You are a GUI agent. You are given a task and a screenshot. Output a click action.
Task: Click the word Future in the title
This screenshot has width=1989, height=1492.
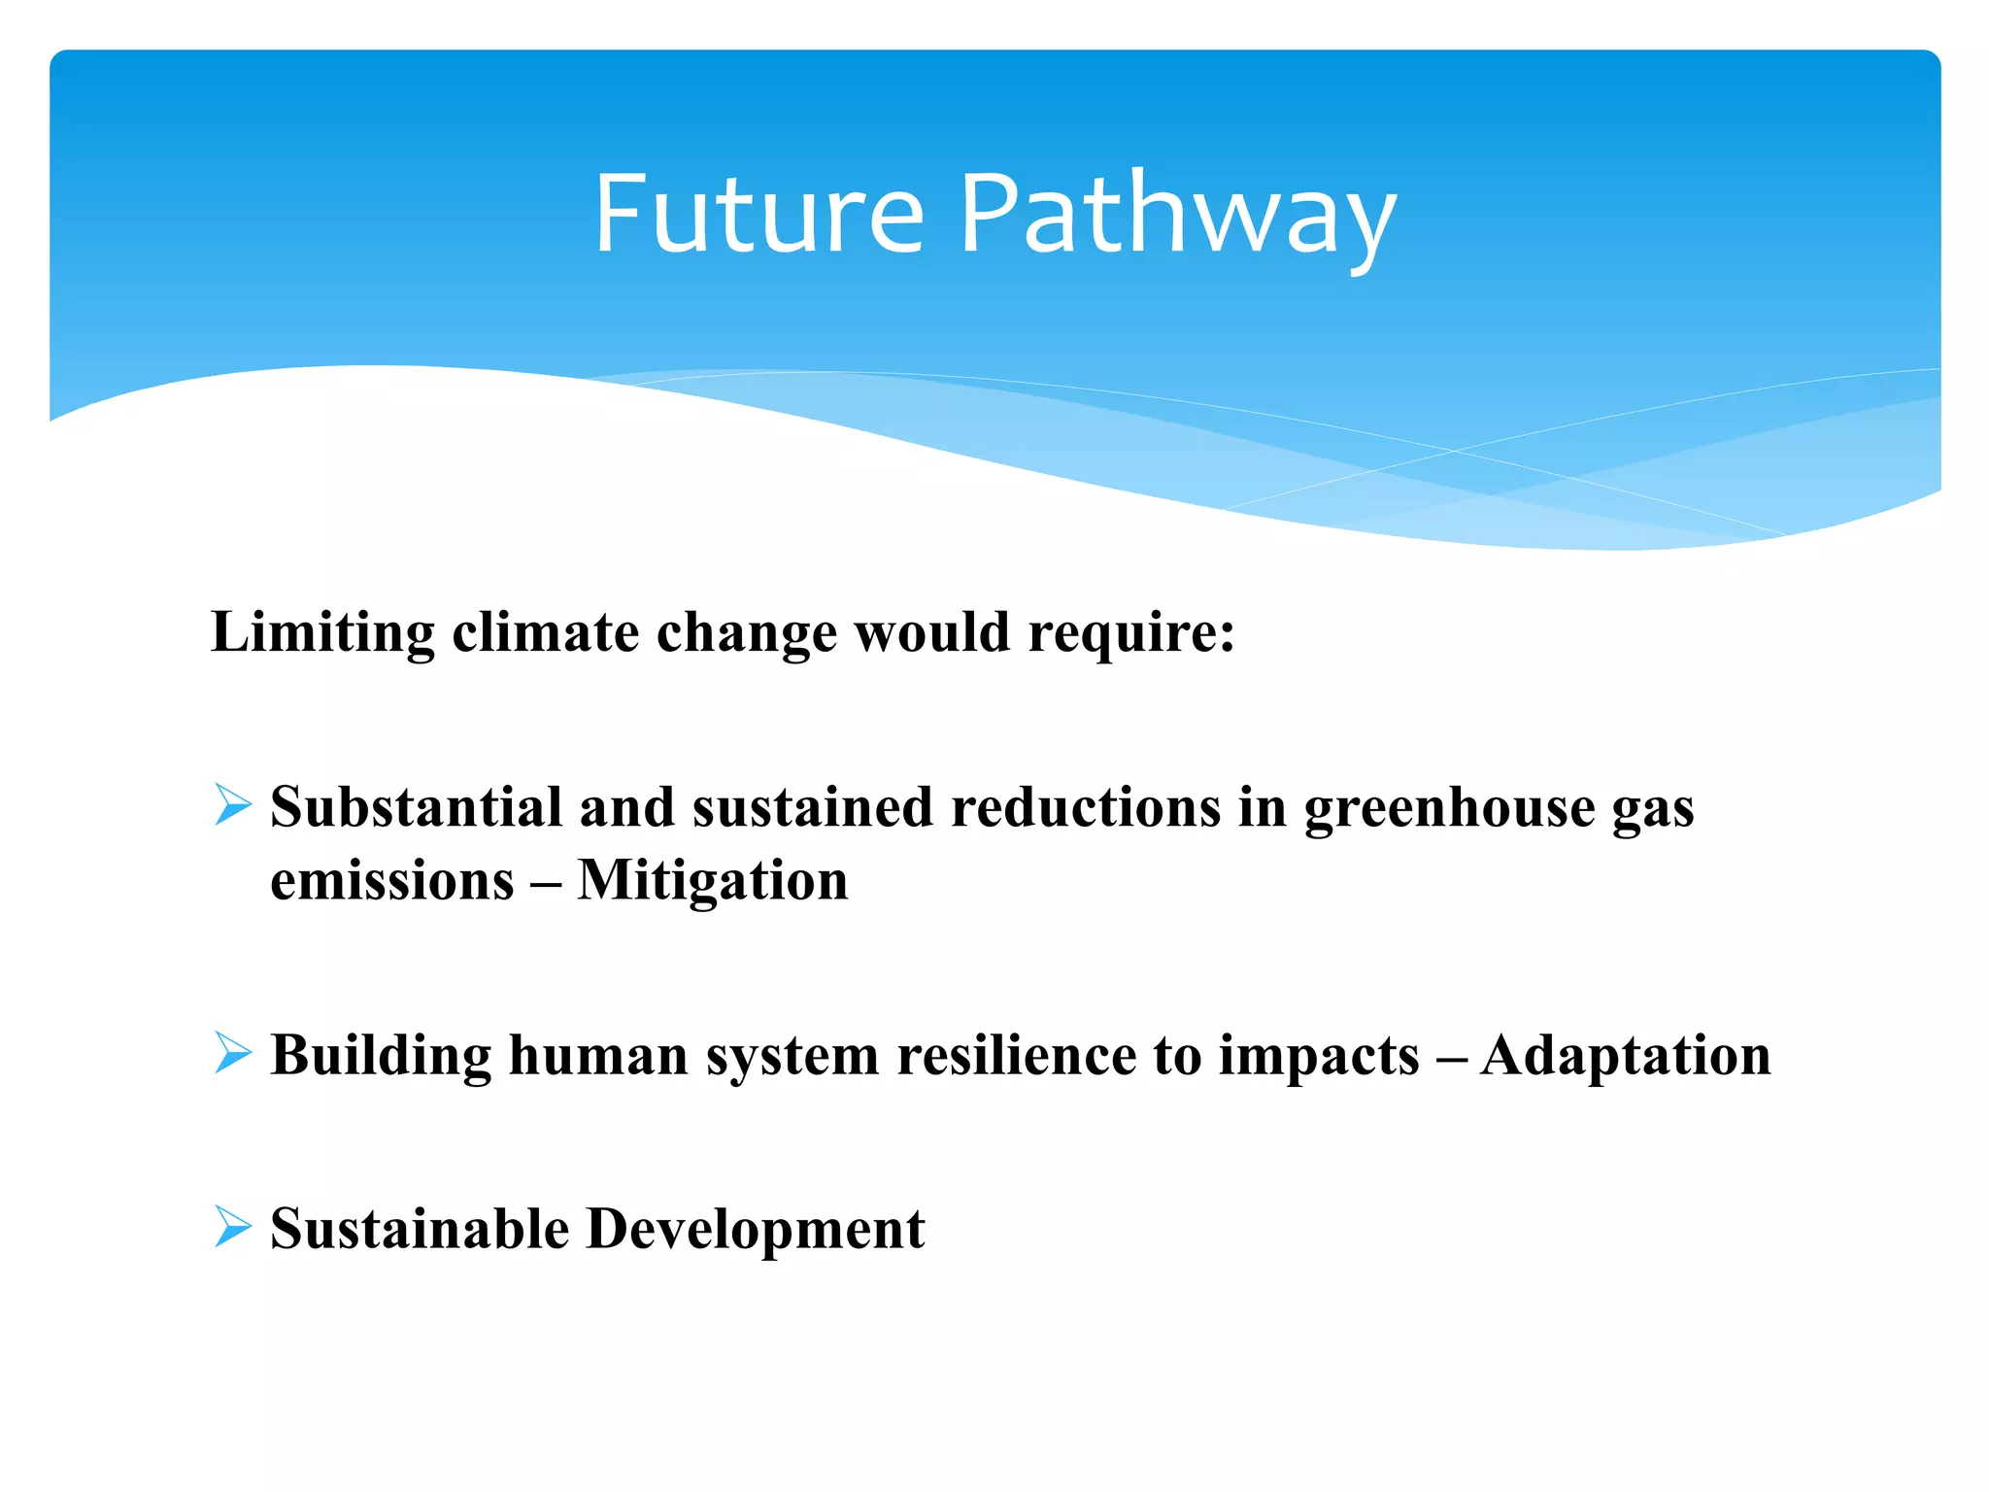point(759,215)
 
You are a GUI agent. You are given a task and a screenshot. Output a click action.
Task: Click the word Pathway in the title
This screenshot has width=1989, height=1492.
point(1177,219)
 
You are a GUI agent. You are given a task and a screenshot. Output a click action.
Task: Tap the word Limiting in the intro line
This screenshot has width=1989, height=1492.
point(322,633)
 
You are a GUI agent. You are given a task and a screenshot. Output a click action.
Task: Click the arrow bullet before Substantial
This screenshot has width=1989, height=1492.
point(233,805)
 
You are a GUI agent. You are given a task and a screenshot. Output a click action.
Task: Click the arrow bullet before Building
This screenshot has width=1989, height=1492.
point(233,1053)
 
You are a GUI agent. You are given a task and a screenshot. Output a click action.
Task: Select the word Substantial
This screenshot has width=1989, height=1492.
point(417,807)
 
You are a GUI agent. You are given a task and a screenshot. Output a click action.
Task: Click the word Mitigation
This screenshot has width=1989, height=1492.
point(712,882)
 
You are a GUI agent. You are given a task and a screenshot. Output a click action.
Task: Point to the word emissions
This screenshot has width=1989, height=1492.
point(392,882)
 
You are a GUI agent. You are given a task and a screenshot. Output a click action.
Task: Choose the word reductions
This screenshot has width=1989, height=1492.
point(1085,807)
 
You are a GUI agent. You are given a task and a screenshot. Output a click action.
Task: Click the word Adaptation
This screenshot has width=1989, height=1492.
point(1626,1057)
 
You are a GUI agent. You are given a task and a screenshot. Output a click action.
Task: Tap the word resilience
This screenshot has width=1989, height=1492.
point(1016,1055)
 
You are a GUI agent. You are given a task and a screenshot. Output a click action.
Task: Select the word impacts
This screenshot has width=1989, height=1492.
point(1319,1057)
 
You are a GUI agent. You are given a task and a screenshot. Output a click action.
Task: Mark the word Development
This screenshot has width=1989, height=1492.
point(756,1230)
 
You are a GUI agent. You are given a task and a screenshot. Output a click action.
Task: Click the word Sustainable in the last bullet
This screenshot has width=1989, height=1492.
point(420,1228)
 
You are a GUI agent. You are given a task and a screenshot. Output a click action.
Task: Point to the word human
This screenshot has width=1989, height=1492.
point(598,1055)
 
